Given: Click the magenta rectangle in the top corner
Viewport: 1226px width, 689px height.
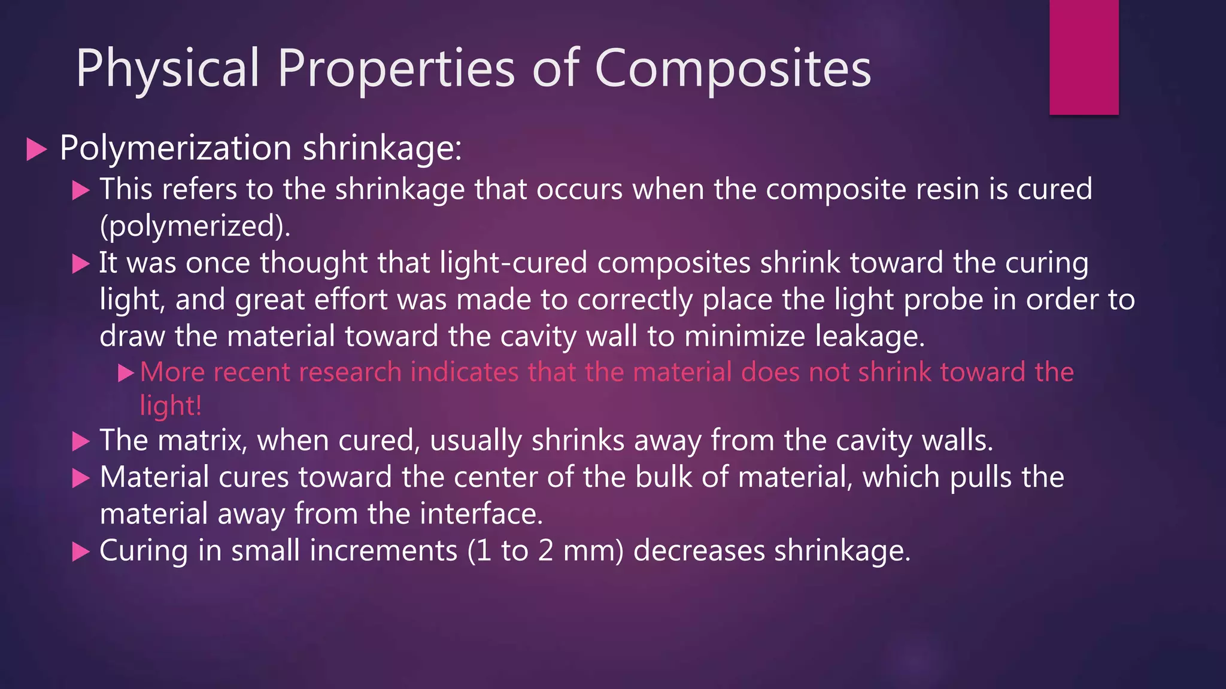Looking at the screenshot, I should click(x=1084, y=57).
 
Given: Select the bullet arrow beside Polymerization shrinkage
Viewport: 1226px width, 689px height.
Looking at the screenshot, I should click(x=37, y=150).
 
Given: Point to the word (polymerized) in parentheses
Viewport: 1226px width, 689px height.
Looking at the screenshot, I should click(x=195, y=227).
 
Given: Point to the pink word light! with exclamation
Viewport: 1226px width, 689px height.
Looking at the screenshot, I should click(x=171, y=406).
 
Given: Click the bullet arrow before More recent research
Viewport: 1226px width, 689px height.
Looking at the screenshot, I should click(x=126, y=374).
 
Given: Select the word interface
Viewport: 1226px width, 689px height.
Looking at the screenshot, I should click(x=481, y=514).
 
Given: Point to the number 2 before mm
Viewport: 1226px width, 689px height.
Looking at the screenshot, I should click(x=545, y=551).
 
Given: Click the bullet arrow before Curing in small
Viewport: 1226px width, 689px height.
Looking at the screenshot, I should click(x=81, y=551).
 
